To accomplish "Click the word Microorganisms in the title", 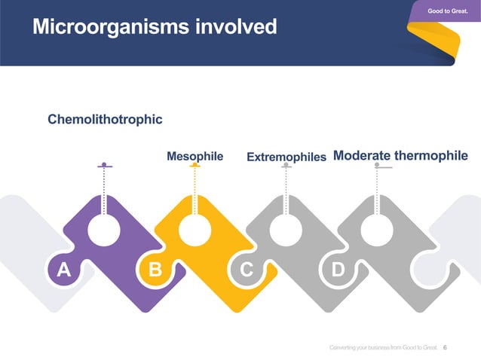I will (111, 28).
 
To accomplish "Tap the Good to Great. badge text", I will (448, 10).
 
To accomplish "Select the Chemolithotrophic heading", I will (105, 119).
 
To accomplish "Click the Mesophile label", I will (195, 157).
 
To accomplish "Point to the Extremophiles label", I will (286, 157).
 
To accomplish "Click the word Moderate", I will (361, 156).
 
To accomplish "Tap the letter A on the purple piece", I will (63, 270).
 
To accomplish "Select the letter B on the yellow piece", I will (155, 270).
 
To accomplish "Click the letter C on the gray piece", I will (246, 270).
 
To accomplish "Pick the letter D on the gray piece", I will (338, 270).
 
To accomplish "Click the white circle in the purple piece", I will (104, 230).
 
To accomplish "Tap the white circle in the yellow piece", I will (195, 230).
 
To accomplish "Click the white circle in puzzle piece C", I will (286, 230).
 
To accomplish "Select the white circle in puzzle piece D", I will (377, 230).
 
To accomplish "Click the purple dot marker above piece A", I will (104, 164).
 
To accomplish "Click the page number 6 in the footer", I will (445, 347).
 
